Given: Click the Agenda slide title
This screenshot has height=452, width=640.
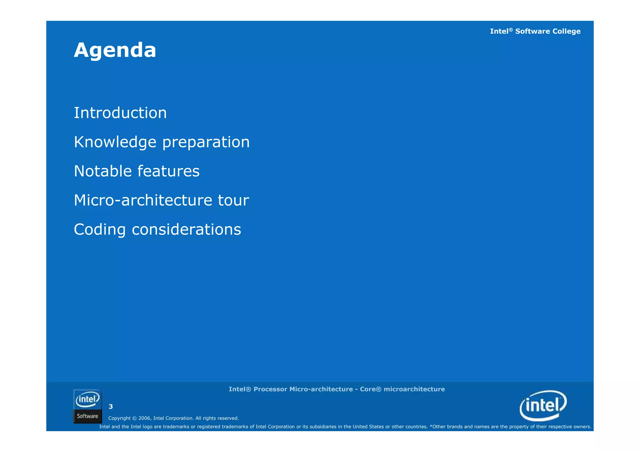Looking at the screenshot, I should [x=115, y=50].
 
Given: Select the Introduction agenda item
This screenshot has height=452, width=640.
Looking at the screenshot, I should [x=120, y=113].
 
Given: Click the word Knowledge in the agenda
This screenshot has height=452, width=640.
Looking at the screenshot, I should [x=115, y=142].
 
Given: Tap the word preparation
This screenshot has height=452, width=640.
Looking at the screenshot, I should [x=206, y=142].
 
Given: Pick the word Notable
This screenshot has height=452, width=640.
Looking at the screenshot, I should [x=103, y=171].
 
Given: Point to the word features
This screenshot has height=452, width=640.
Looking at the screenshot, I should [x=168, y=171].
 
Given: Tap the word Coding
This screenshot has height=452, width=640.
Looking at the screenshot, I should [x=100, y=230].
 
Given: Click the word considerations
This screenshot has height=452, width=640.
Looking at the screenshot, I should [x=187, y=230].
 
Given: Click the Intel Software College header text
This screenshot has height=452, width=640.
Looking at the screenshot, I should [x=535, y=31].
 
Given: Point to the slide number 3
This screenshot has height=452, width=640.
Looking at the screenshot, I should [x=111, y=407].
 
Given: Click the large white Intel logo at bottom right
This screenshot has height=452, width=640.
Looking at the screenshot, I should [x=543, y=405].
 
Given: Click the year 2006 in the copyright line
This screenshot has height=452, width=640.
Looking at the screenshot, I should [x=144, y=418].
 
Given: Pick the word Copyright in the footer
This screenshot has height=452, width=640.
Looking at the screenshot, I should [x=119, y=418].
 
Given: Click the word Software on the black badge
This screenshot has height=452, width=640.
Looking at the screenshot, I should [x=87, y=416].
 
